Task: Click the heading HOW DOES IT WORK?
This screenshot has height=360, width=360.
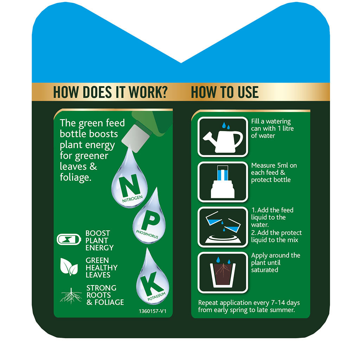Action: pos(110,92)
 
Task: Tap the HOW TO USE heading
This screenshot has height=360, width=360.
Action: pos(225,92)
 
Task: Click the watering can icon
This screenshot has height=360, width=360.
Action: pos(223,137)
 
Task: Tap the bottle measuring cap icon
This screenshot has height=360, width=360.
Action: pos(223,182)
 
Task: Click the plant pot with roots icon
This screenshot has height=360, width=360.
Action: pos(223,273)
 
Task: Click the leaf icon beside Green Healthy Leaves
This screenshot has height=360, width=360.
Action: pos(69,267)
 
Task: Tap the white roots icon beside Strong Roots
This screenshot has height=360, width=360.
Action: pos(71,295)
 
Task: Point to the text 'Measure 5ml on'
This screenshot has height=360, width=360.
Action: pos(274,165)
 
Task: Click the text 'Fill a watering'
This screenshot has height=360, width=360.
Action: pos(271,121)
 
